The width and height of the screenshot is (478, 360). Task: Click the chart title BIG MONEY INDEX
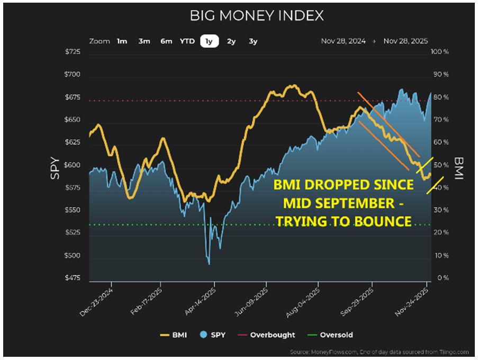pyautogui.click(x=257, y=16)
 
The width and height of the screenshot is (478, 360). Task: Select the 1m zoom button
pyautogui.click(x=122, y=41)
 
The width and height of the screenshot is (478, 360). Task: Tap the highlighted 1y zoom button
pyautogui.click(x=209, y=41)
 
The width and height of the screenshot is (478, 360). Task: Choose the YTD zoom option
pyautogui.click(x=187, y=41)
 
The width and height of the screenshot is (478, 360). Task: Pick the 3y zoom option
pyautogui.click(x=253, y=41)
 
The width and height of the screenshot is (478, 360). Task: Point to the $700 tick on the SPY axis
pyautogui.click(x=73, y=75)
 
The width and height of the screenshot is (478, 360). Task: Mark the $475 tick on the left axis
pyautogui.click(x=73, y=278)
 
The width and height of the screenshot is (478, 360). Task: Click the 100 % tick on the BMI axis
pyautogui.click(x=440, y=52)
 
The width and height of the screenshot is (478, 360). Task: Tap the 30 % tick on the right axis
pyautogui.click(x=440, y=211)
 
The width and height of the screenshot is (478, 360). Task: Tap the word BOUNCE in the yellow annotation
pyautogui.click(x=382, y=221)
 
